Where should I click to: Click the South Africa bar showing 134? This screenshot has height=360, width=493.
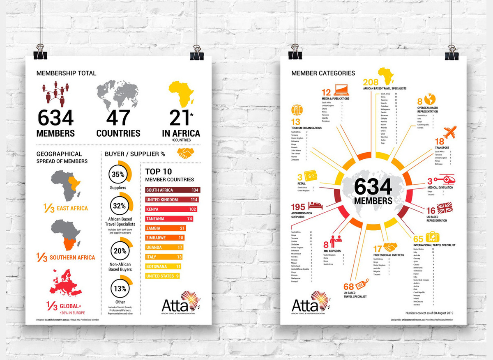[x=173, y=190]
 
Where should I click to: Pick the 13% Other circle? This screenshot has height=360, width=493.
[x=120, y=289]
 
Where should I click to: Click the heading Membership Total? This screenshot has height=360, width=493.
[x=66, y=73]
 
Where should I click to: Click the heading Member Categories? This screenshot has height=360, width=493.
[x=323, y=73]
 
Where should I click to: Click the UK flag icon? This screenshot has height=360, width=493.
[x=445, y=207]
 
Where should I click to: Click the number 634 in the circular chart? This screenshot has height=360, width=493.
[x=373, y=187]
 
